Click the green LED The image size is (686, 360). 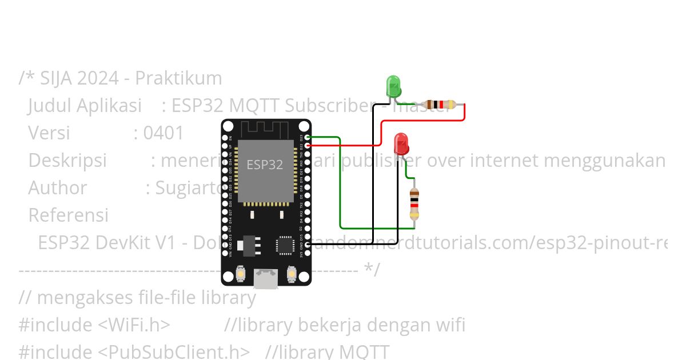click(393, 86)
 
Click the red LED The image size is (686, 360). click(401, 144)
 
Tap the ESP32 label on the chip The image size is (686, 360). click(265, 165)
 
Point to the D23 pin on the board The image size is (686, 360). click(308, 137)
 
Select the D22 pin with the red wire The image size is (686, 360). click(308, 146)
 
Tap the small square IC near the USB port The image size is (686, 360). click(284, 245)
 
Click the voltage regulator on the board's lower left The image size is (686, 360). click(252, 245)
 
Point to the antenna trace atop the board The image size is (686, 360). click(266, 129)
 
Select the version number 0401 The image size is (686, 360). click(163, 133)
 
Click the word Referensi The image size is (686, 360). click(68, 215)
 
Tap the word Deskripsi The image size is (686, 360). click(67, 161)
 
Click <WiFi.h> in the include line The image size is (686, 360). click(134, 325)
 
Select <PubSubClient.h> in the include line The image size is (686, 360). click(174, 351)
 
